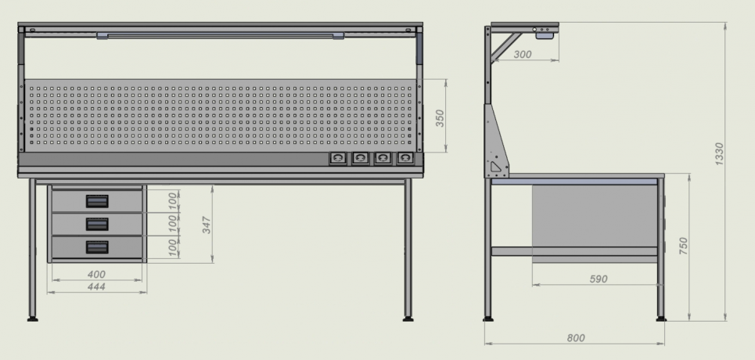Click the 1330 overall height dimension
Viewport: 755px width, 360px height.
point(719,153)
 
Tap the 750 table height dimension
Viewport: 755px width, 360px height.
point(683,246)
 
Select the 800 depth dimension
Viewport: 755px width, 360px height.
point(576,338)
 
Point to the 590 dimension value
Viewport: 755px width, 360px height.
point(599,279)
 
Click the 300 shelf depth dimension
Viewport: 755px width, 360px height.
point(523,55)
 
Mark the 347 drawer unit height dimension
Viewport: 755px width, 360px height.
point(207,225)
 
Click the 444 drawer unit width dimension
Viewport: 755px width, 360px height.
point(96,286)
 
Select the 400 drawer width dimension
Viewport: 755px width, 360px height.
point(96,274)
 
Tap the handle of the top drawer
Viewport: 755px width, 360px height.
point(97,201)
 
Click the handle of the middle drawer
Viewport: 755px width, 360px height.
point(97,224)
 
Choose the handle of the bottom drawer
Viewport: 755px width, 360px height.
point(97,247)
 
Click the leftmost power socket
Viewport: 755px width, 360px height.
point(338,159)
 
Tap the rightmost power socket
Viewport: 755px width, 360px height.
point(405,159)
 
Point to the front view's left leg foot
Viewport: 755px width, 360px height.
point(33,319)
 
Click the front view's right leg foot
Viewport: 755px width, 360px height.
point(408,319)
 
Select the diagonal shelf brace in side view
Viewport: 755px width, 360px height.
point(505,47)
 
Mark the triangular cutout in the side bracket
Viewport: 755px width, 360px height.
point(495,167)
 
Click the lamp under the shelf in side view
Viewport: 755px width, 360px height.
point(544,35)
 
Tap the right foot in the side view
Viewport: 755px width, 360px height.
point(661,319)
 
